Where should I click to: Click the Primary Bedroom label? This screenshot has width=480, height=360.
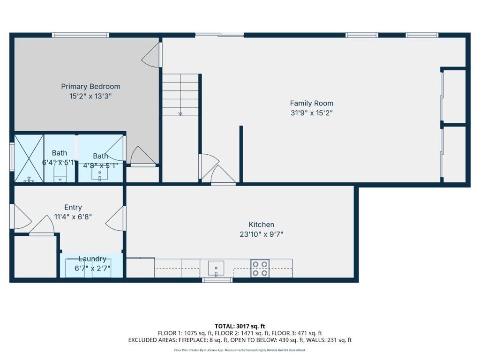pos(90,87)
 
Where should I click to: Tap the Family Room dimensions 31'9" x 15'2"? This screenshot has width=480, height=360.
pos(312,113)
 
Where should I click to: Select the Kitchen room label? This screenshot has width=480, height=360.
pos(262,225)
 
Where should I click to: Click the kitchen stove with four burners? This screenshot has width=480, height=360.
pos(260,268)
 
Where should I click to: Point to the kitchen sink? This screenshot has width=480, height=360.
pos(216,269)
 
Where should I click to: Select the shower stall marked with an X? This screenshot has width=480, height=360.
pos(29,158)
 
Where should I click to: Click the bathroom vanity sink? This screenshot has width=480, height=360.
pos(99,175)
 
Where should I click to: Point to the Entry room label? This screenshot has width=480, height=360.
pos(73,208)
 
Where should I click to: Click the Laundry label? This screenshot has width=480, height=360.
pos(92,259)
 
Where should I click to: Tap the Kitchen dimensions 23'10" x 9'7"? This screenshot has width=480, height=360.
pos(262,234)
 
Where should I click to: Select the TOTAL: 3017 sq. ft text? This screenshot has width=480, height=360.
pos(240,326)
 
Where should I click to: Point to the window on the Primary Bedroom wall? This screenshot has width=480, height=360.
pos(81,35)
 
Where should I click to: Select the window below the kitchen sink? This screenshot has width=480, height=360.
pos(217,280)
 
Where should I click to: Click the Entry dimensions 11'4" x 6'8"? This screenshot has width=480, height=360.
pos(73,217)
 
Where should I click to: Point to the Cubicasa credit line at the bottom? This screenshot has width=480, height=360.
pos(240,350)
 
